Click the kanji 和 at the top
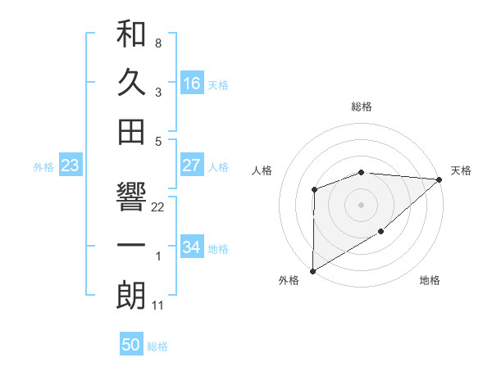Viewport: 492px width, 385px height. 131,35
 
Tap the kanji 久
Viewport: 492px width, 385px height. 131,83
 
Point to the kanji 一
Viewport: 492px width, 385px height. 131,247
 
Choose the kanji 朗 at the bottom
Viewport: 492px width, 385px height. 131,296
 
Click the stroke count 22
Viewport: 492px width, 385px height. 158,207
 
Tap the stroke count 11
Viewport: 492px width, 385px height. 158,306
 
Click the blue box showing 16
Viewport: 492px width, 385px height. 191,84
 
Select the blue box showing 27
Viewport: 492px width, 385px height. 191,165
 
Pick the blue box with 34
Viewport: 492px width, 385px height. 191,247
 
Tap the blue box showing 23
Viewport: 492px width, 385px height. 71,166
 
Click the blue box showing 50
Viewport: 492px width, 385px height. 131,345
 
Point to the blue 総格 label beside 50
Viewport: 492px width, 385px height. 157,346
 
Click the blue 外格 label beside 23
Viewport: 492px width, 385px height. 43,167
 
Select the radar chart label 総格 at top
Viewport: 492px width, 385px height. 361,106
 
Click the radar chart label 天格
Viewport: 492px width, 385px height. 461,170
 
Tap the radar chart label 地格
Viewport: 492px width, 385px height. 430,281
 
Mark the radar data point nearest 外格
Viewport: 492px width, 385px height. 312,270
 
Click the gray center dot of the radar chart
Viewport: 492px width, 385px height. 361,204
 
